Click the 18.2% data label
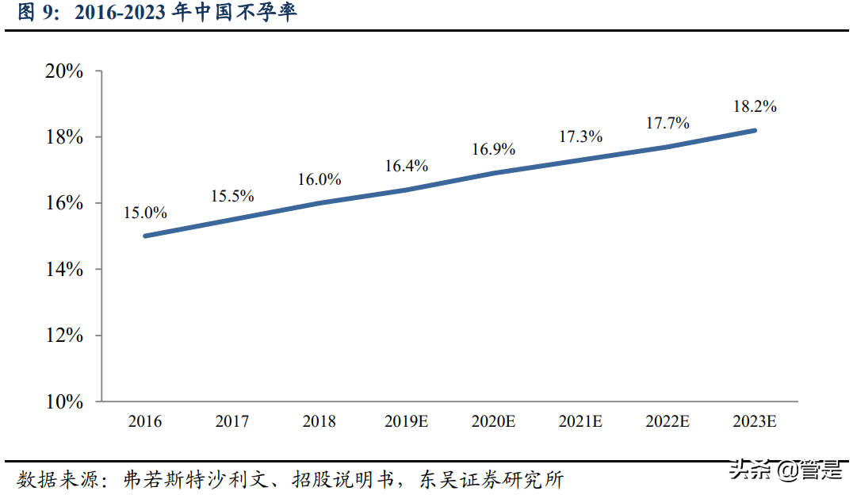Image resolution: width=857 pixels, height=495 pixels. pyautogui.click(x=755, y=106)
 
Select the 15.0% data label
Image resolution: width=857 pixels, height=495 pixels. pyautogui.click(x=145, y=213)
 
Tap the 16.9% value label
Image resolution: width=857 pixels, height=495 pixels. pyautogui.click(x=494, y=148)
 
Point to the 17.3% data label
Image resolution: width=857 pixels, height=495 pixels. pyautogui.click(x=581, y=136)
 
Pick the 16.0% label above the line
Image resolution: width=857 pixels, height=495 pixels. pyautogui.click(x=319, y=179)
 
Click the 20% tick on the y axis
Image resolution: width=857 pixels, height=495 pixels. pyautogui.click(x=63, y=71)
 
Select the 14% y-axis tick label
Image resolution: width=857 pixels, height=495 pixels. pyautogui.click(x=63, y=270)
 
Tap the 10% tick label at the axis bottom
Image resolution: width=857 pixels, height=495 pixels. pyautogui.click(x=63, y=401)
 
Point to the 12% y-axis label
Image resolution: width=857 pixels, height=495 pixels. pyautogui.click(x=63, y=336)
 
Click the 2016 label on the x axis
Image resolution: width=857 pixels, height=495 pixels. pyautogui.click(x=144, y=421)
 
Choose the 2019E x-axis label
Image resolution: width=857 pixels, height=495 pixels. pyautogui.click(x=406, y=421)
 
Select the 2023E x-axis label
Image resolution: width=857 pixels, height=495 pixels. pyautogui.click(x=754, y=421)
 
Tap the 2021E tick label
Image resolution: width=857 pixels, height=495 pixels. pyautogui.click(x=580, y=421)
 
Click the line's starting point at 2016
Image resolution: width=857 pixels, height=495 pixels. pyautogui.click(x=145, y=236)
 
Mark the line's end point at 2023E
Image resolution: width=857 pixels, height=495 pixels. pyautogui.click(x=755, y=130)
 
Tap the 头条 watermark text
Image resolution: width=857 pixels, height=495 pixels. pyautogui.click(x=751, y=470)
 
